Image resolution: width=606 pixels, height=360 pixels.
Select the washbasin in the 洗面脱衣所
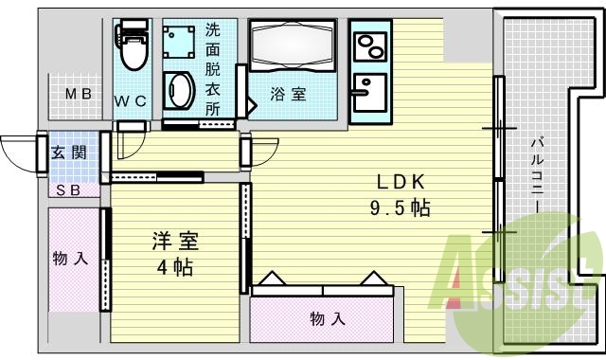tap(178, 90)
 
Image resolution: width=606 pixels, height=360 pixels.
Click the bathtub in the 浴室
tap(291, 45)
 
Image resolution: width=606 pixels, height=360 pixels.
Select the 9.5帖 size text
tap(401, 207)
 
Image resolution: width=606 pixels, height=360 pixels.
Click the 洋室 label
tap(175, 241)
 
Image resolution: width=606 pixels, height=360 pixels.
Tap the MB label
tap(78, 94)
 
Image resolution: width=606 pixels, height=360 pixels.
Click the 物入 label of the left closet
tap(72, 258)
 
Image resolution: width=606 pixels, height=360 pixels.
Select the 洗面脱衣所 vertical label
tap(213, 68)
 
